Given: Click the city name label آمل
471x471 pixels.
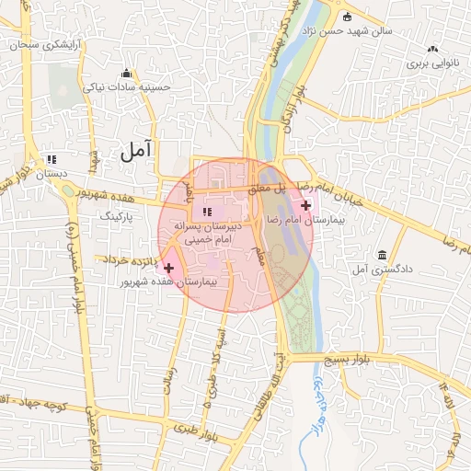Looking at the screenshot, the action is pyautogui.click(x=135, y=148).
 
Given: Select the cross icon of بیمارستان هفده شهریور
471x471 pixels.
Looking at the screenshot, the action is pyautogui.click(x=168, y=267).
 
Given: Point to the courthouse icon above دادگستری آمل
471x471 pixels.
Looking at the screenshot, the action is pyautogui.click(x=381, y=255).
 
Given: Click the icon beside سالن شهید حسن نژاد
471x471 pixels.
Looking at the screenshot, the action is pyautogui.click(x=347, y=17).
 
